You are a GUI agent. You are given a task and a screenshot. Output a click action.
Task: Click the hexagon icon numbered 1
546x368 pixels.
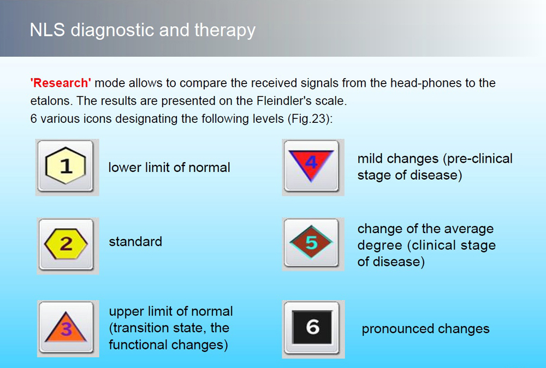(66, 166)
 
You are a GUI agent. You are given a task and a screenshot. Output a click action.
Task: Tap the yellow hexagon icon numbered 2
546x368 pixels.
(66, 244)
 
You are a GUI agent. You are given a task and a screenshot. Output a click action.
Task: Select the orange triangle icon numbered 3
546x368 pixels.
(66, 327)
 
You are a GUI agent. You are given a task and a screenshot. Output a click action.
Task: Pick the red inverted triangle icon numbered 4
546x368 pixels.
(311, 164)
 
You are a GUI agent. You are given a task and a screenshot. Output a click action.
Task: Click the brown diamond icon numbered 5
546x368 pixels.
(311, 242)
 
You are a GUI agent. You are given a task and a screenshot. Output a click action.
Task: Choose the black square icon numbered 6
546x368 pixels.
(312, 327)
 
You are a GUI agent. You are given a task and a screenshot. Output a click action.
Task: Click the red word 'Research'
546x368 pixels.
(61, 83)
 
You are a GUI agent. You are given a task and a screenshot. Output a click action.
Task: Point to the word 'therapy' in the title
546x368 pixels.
(225, 31)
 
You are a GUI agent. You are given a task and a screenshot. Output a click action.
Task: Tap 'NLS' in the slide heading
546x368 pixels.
(48, 30)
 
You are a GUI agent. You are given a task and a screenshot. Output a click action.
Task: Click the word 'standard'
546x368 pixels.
(135, 242)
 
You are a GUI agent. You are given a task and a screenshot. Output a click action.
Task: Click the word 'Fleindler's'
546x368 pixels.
(283, 100)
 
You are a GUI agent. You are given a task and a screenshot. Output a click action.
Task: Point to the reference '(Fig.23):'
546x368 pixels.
(310, 119)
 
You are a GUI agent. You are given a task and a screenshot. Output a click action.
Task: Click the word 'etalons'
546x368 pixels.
(51, 100)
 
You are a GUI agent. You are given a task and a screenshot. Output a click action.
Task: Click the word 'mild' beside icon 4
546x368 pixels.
(370, 159)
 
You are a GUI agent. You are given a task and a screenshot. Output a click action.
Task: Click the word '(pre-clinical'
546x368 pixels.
(478, 159)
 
